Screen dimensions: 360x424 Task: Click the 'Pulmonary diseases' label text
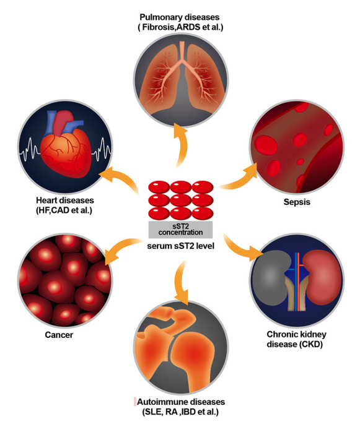point(180,17)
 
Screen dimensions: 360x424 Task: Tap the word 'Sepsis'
point(297,202)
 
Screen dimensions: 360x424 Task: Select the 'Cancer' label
point(59,335)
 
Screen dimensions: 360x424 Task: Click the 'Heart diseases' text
point(65,201)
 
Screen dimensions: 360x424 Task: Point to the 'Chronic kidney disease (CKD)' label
point(296,339)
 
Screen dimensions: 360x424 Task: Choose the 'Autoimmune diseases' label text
point(181,402)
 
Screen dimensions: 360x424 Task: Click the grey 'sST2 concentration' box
point(180,230)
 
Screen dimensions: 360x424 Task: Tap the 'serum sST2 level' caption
point(180,246)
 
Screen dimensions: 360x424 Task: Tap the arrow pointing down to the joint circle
point(181,281)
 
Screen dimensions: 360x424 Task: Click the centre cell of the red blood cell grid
point(180,201)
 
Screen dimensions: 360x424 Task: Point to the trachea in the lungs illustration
point(182,51)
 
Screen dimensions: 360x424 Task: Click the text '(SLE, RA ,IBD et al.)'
point(180,412)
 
